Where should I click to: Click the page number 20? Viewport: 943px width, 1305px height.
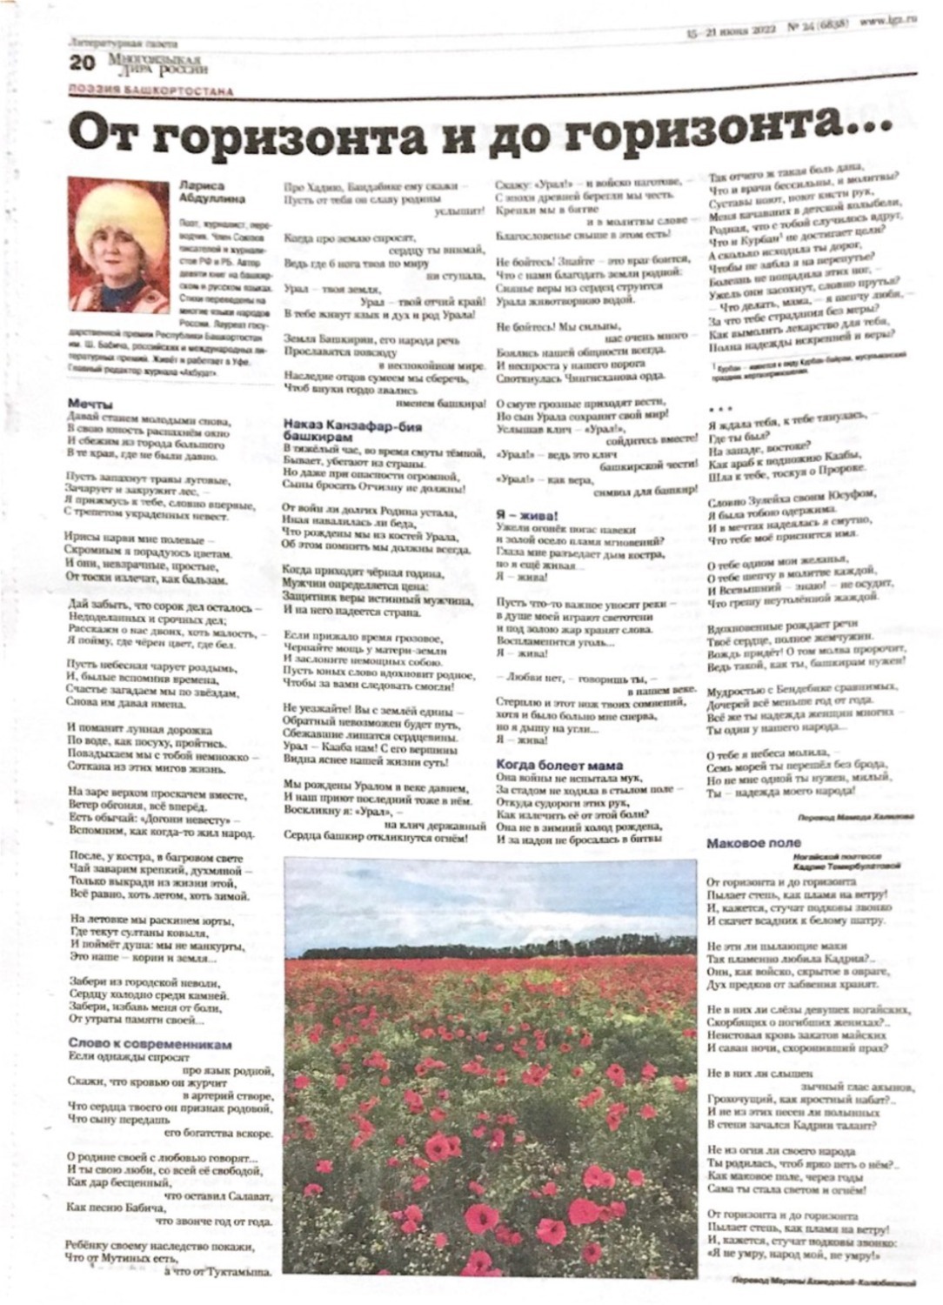(82, 64)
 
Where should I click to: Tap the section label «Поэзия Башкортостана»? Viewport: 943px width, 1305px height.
(150, 90)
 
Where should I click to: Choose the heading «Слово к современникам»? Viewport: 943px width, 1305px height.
(150, 1044)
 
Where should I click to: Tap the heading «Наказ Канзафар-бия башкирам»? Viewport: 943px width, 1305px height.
(351, 432)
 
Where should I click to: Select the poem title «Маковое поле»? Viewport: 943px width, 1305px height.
(753, 843)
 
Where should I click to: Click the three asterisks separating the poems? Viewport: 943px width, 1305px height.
(721, 408)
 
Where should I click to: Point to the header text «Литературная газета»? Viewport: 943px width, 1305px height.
(123, 42)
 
